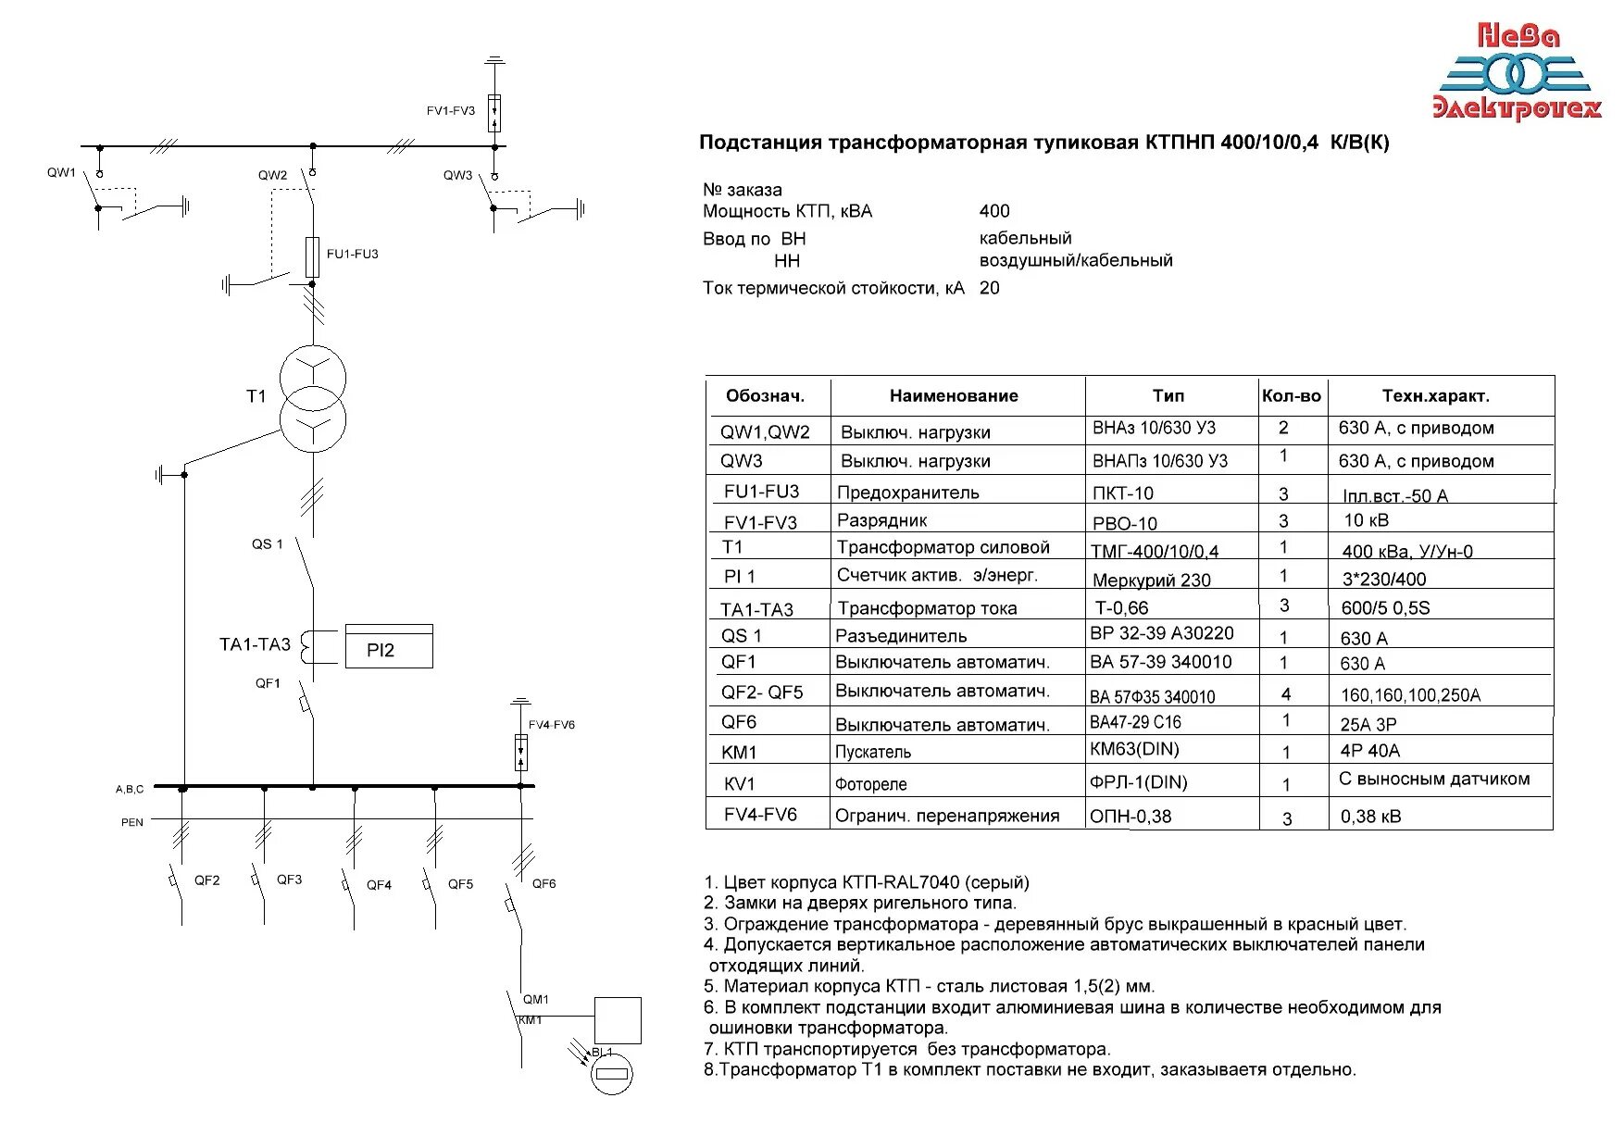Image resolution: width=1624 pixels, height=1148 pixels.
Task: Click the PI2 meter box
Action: click(389, 646)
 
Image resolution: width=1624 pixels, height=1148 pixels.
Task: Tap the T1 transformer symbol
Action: click(314, 399)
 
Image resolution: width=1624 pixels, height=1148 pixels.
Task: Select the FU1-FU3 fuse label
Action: click(352, 254)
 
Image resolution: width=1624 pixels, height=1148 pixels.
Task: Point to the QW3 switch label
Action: click(457, 175)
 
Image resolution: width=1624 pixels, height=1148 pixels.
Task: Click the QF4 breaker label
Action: click(379, 885)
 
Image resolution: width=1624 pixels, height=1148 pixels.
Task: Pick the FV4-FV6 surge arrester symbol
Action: click(521, 752)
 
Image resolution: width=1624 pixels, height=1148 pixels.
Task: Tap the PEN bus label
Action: click(132, 822)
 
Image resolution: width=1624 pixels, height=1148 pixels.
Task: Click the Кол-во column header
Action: click(1292, 396)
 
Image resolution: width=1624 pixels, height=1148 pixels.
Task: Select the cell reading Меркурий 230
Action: click(1151, 580)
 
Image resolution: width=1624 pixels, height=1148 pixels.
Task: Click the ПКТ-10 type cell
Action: click(1123, 493)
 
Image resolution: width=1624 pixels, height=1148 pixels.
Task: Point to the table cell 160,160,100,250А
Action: click(1410, 695)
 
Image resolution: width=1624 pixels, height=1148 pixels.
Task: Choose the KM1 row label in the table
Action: click(739, 753)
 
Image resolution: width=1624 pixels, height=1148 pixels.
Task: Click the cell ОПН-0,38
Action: click(1131, 817)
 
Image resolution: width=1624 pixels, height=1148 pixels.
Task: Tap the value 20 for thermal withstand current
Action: click(990, 288)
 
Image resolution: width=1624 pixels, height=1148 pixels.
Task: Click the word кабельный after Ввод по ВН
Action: click(1025, 238)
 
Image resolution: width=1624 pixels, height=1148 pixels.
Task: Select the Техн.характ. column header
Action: click(1435, 396)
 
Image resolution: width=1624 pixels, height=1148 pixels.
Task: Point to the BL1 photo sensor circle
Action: click(612, 1074)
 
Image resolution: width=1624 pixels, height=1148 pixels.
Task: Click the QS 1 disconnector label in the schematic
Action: click(268, 544)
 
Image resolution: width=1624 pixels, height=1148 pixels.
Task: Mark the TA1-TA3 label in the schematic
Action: click(255, 644)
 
